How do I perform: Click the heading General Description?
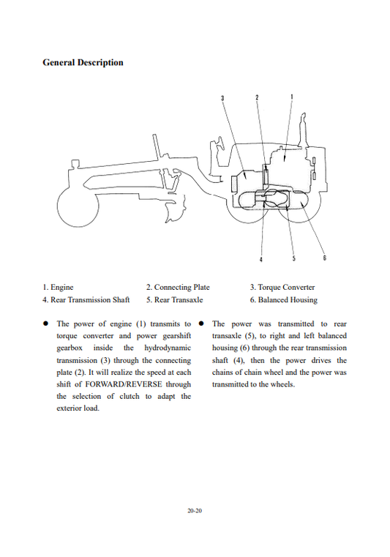coord(83,62)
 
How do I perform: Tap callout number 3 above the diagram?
coord(222,98)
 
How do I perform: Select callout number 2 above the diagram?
coord(257,97)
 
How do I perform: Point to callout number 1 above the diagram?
coord(292,97)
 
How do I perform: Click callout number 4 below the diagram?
coord(261,259)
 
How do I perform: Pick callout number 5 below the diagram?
coord(293,258)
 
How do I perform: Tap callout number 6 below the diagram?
coord(325,258)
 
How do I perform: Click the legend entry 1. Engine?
coord(58,288)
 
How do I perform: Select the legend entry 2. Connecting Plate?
coord(178,288)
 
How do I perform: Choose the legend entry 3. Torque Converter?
coord(282,288)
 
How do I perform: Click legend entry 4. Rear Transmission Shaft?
coord(86,300)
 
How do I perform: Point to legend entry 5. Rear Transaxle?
coord(174,300)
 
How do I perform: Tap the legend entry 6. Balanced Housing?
coord(283,300)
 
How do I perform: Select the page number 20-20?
coord(195,511)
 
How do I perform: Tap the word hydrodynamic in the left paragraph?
coord(168,348)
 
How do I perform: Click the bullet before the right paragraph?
coord(200,324)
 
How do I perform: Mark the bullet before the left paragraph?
coord(45,324)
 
